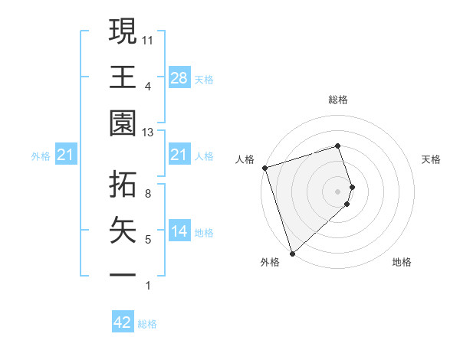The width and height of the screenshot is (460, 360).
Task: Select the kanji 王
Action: tap(123, 77)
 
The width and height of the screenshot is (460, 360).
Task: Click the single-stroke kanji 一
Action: tap(123, 275)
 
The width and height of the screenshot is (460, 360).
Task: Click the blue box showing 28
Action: tap(179, 77)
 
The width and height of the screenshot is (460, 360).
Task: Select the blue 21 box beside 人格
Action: tap(179, 155)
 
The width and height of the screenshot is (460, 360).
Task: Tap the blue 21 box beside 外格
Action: tap(66, 155)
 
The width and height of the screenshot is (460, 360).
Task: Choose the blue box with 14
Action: tap(179, 231)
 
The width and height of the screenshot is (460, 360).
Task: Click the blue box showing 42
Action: tap(123, 322)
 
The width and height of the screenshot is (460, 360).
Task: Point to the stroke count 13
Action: tap(149, 133)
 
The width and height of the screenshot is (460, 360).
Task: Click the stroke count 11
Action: tap(149, 39)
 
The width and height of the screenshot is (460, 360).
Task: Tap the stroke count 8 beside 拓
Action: tap(148, 194)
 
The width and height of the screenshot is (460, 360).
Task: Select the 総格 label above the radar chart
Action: tap(338, 100)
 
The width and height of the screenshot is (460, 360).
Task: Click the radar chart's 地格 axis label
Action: tap(402, 262)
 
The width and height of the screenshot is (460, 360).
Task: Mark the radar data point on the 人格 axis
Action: tap(264, 168)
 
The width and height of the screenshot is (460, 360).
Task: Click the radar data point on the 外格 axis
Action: tap(292, 253)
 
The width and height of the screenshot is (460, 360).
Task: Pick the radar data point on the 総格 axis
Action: tap(338, 146)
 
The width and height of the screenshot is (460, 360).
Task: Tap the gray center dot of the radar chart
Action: tap(338, 191)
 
